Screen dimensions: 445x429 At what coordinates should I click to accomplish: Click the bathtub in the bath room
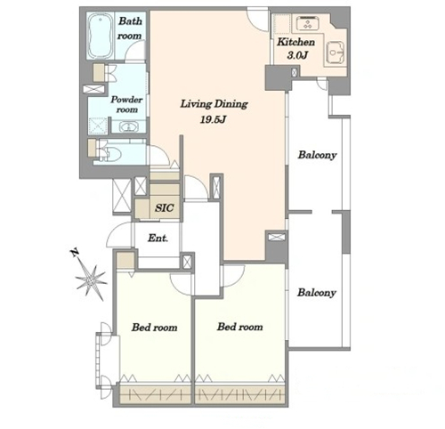tap(101, 36)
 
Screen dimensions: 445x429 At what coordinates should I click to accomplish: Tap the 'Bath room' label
tap(130, 28)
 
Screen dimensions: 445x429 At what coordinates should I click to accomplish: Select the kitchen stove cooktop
tap(307, 23)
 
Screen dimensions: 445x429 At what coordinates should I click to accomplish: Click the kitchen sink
tap(336, 53)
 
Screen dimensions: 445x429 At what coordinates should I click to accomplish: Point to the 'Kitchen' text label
tap(295, 42)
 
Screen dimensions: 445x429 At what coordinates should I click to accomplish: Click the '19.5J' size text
tap(214, 119)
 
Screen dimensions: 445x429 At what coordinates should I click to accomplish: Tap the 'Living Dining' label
tap(214, 104)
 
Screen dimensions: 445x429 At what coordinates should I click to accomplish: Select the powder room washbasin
tap(128, 126)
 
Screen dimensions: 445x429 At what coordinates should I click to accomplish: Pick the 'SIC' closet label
tap(164, 207)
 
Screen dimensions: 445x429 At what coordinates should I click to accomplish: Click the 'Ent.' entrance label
tap(158, 238)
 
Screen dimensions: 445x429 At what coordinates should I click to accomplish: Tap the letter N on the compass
tap(75, 253)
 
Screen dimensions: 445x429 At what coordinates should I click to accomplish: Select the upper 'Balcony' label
tap(317, 155)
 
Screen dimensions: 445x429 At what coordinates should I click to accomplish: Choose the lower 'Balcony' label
tap(317, 293)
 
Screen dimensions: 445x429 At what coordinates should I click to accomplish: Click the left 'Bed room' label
tap(154, 328)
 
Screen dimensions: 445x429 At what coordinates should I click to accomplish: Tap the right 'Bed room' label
tap(239, 327)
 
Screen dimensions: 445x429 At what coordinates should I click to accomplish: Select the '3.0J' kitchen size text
tap(296, 55)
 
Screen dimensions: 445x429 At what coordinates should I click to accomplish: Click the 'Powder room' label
tap(126, 104)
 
